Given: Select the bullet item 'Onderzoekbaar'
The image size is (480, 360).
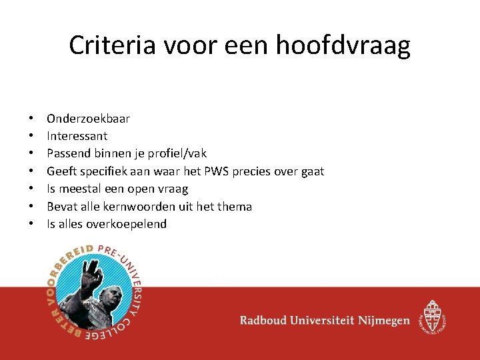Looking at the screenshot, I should (88, 119).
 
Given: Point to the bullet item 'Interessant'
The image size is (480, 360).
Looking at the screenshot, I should (77, 136).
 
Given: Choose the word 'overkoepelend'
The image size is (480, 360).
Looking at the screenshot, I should (129, 224).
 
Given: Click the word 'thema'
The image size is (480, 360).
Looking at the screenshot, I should (235, 207).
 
